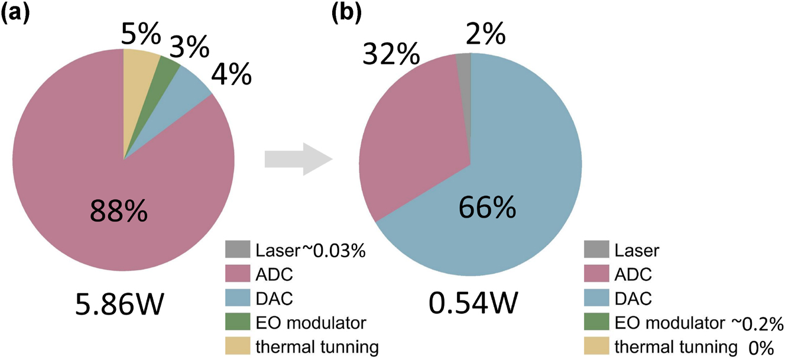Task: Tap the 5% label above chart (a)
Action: click(140, 35)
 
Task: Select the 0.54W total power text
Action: click(472, 305)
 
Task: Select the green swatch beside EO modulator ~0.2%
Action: click(595, 323)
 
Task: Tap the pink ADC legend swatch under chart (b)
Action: click(595, 274)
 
